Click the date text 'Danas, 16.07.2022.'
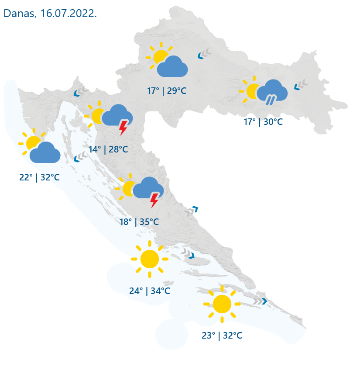tap(50, 13)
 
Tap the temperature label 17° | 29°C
tap(167, 91)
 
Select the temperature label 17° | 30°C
tap(263, 122)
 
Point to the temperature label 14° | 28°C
tap(108, 149)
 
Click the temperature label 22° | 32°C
tap(39, 177)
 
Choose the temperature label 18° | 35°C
tap(139, 222)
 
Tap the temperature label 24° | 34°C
tap(150, 291)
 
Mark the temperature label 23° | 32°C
tap(222, 336)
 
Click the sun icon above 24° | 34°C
tap(150, 259)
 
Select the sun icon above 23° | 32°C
tap(222, 304)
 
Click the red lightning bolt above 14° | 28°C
tap(123, 128)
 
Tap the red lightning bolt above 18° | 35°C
tap(154, 200)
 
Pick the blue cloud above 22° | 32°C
tap(45, 153)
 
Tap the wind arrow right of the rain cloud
tap(300, 85)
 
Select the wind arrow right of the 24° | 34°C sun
tap(188, 254)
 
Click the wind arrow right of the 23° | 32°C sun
tap(260, 301)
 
